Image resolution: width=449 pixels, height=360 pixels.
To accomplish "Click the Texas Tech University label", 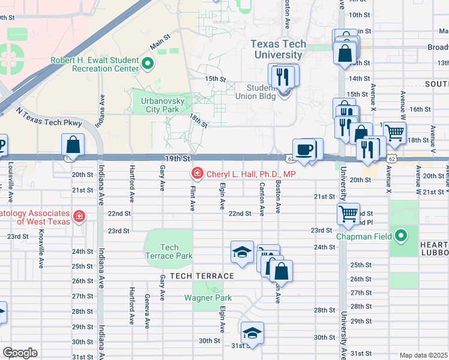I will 278,49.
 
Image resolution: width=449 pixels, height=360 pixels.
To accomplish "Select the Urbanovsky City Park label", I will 158,106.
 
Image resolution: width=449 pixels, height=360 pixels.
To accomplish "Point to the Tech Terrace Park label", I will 169,251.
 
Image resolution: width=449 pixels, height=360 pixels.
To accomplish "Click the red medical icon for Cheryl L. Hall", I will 196,174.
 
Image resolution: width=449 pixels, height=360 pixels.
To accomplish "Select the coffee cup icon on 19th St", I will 304,149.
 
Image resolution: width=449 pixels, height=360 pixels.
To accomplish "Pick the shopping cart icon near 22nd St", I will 348,215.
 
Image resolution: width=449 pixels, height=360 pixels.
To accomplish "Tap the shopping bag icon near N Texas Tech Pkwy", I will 73,145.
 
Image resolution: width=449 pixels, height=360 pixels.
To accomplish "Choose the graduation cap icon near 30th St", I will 252,334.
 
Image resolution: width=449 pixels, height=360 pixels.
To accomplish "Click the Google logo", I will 20,352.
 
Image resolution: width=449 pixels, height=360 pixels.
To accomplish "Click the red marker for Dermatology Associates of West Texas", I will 78,215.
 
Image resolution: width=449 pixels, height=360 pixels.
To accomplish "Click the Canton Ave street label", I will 262,200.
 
